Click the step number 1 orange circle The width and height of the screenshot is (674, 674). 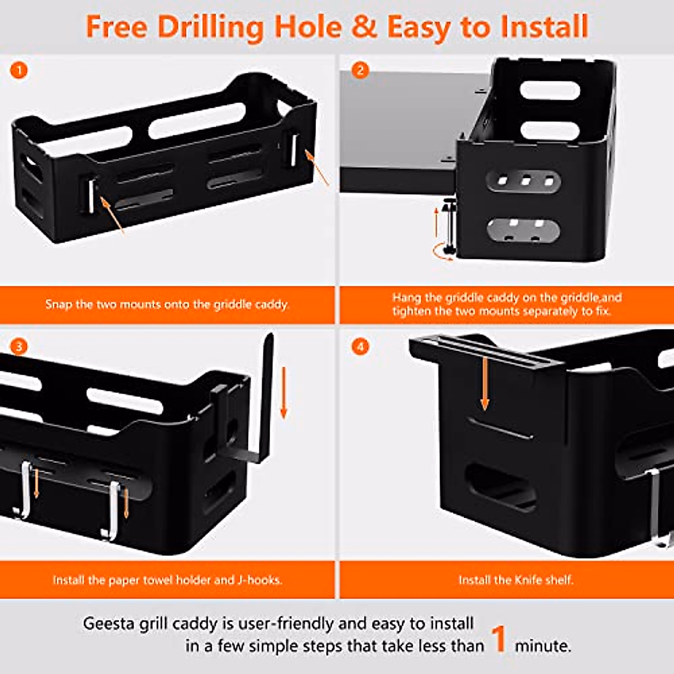pos(19,70)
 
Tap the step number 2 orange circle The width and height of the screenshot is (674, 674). pos(360,70)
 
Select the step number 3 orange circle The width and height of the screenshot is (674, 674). pos(19,346)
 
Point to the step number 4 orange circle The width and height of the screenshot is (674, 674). pos(360,346)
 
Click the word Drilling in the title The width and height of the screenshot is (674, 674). pos(211,27)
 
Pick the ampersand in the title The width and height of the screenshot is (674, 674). pos(365,27)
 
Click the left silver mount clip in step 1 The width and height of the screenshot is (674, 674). pos(90,194)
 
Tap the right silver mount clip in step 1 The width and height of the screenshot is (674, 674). pos(293,149)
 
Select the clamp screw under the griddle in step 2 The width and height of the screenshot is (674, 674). pos(450,225)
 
